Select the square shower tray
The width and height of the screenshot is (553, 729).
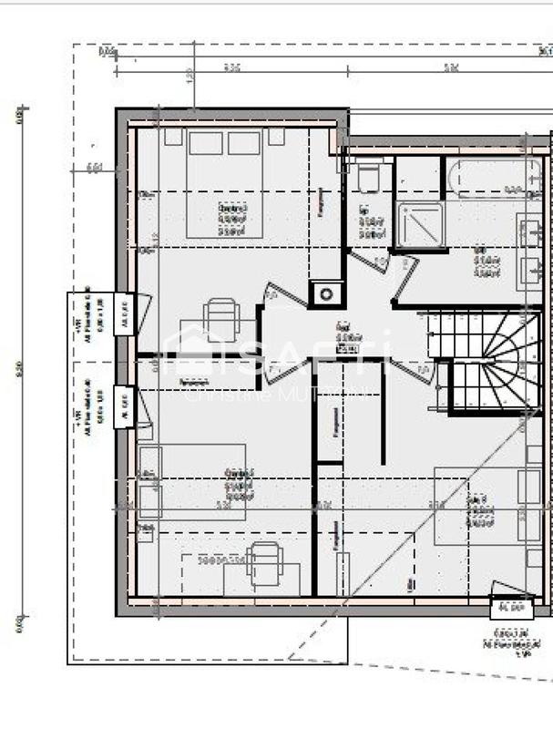coord(420,224)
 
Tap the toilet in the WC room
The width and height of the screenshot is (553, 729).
coord(370,179)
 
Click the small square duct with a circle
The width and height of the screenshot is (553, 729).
coord(326,293)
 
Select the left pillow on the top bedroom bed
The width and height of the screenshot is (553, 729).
coord(206,143)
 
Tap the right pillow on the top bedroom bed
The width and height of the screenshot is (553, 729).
coord(244,143)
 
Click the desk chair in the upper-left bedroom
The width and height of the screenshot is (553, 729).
coord(220,319)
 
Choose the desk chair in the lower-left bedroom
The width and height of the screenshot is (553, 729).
coord(264,557)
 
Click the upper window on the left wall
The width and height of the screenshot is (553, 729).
coord(123,314)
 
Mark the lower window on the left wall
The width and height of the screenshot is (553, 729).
coord(123,406)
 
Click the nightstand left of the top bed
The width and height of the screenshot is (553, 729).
coord(173,137)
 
